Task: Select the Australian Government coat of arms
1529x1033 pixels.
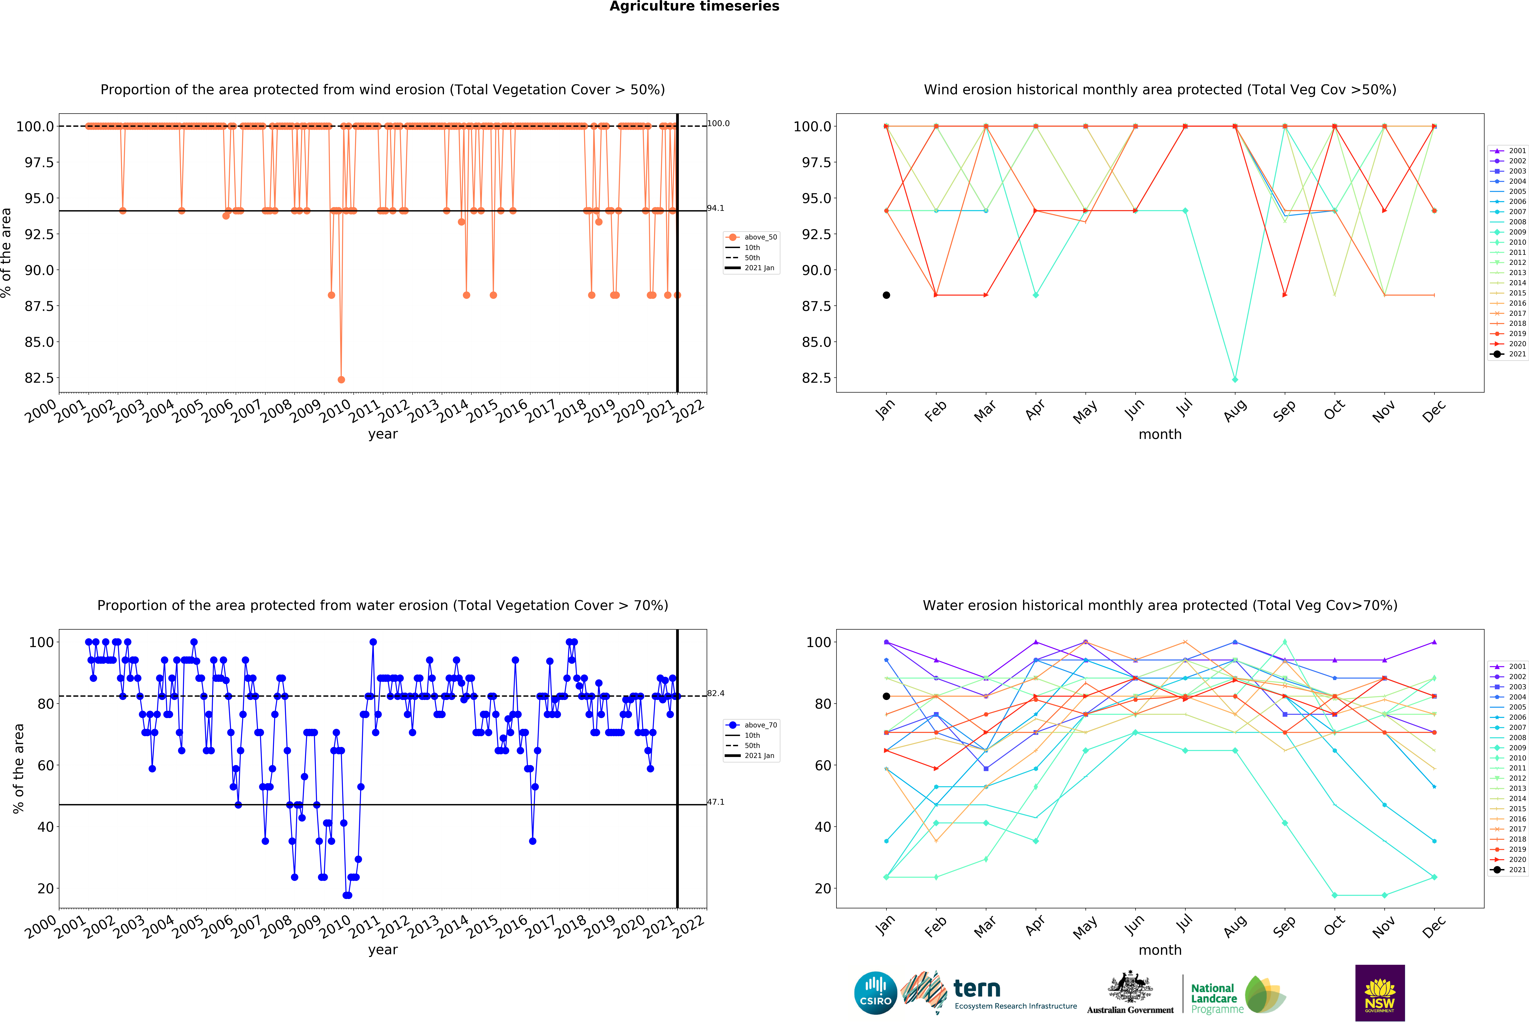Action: point(1130,986)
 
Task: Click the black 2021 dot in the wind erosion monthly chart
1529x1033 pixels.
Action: point(886,295)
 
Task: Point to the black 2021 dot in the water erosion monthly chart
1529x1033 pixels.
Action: point(886,696)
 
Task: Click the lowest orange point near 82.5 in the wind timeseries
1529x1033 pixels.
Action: point(341,379)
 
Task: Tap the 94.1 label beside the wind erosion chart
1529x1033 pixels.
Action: point(716,208)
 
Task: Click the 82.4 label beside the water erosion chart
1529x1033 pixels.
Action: point(716,693)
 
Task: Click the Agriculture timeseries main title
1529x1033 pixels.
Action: point(694,7)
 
